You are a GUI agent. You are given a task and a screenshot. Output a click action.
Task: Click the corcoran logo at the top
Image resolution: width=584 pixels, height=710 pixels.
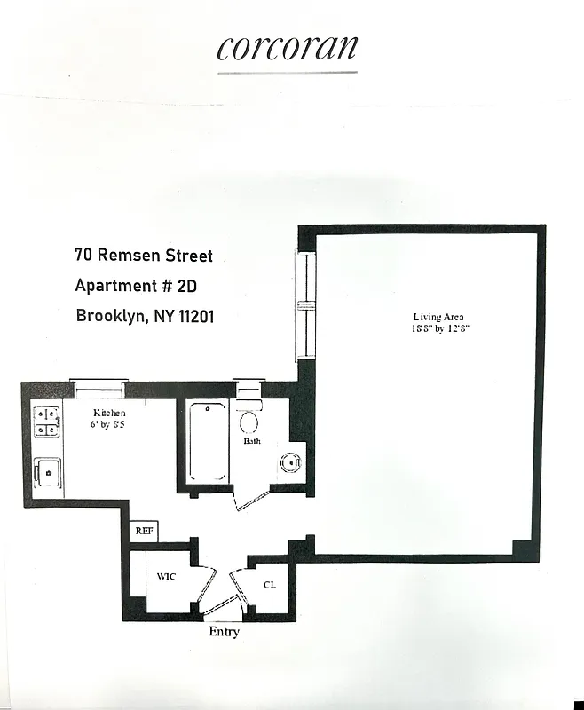(287, 49)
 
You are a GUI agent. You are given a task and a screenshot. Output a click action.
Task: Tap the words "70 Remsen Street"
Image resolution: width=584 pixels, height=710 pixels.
(144, 256)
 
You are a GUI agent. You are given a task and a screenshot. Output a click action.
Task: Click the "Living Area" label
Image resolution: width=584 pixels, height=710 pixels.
(438, 317)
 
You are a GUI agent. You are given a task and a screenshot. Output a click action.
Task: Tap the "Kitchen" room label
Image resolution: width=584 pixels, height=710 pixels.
(110, 414)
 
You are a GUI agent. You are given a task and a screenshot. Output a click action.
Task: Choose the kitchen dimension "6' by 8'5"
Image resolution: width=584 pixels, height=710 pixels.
(110, 425)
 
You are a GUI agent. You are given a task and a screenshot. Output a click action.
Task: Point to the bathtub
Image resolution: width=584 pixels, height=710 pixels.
(209, 441)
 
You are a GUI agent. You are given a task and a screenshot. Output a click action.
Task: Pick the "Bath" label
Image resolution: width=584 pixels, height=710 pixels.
(252, 441)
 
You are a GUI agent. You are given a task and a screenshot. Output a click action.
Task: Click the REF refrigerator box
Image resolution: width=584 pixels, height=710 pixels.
(144, 531)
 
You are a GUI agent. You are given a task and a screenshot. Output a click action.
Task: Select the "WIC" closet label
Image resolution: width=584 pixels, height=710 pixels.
(166, 577)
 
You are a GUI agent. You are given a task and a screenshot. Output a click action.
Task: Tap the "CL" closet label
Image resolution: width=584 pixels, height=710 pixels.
(270, 585)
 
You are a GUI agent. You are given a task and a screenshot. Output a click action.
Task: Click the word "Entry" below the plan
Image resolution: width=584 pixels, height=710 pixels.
(224, 632)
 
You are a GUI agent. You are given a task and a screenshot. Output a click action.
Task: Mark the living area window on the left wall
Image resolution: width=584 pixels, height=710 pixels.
(304, 304)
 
